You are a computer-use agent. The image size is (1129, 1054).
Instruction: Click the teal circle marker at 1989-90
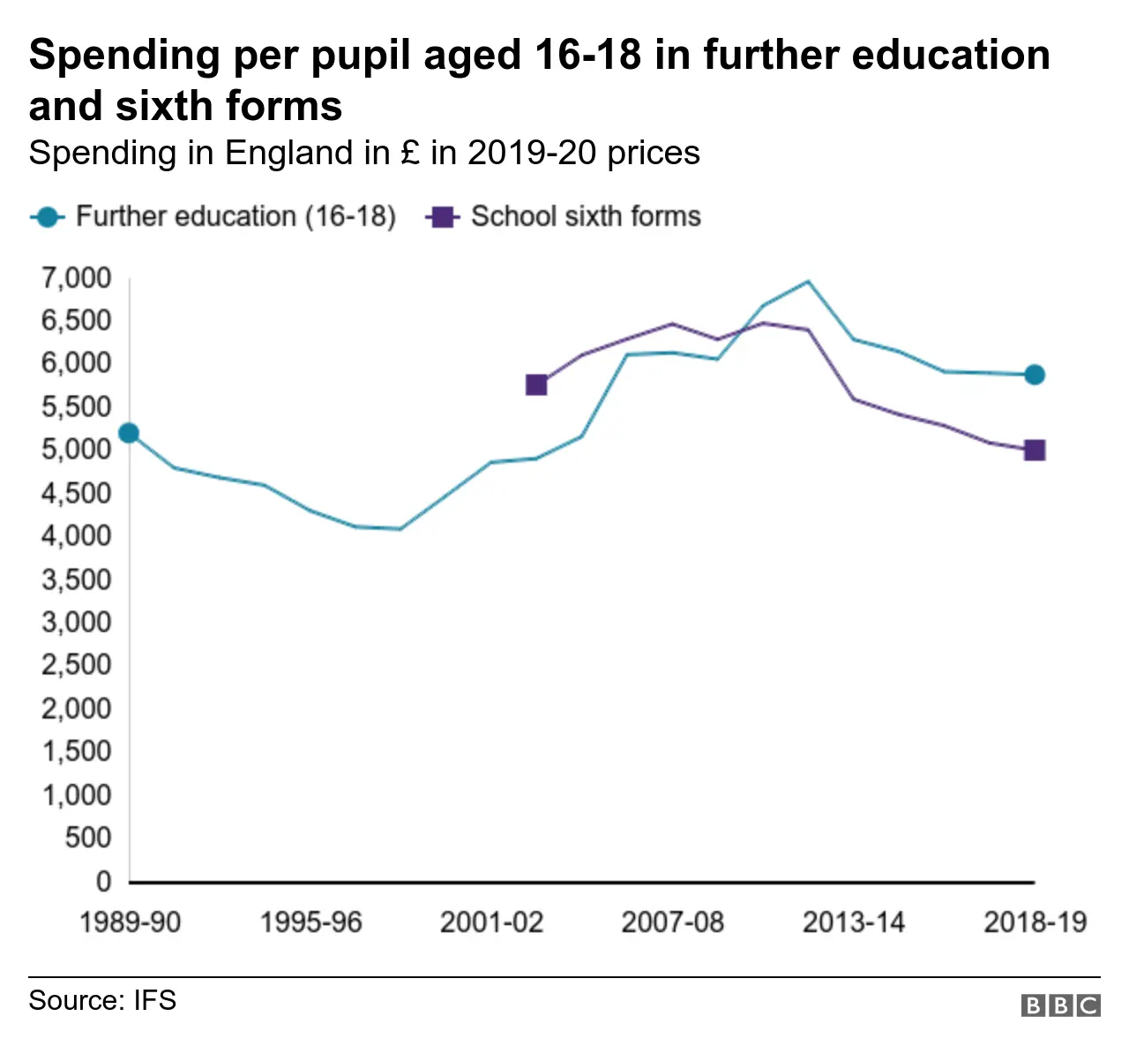129,433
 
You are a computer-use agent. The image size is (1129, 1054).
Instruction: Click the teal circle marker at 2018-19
1035,374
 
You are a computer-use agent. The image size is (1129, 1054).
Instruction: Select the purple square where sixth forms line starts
536,385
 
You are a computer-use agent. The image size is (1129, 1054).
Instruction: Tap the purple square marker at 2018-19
1035,450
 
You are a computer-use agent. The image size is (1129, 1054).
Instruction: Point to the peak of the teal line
808,282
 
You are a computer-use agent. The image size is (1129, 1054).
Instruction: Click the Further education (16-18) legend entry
214,216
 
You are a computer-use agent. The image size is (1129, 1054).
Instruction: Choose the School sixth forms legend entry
564,216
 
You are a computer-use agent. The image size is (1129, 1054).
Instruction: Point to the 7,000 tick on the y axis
76,278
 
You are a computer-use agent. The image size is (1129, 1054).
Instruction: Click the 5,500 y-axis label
76,407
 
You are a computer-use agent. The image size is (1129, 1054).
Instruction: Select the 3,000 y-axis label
76,622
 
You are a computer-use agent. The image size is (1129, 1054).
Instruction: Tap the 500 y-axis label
88,838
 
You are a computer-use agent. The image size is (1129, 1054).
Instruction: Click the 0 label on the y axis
103,881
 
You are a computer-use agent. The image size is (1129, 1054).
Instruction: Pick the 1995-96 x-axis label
310,922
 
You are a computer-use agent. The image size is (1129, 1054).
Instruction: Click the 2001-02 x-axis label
491,922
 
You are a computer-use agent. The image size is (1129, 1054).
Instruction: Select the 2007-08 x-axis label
672,922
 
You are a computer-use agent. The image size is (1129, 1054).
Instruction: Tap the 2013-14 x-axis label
853,922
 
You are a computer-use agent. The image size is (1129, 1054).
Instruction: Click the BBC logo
1060,1005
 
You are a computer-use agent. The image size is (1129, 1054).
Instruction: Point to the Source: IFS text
102,1000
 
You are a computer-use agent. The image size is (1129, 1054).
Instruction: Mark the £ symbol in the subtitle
409,153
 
